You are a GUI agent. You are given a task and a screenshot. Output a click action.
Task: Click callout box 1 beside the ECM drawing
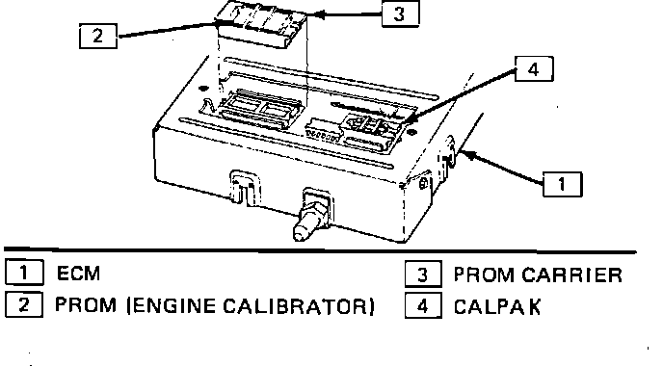coord(563,184)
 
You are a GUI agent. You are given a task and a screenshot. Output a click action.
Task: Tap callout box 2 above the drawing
coord(98,36)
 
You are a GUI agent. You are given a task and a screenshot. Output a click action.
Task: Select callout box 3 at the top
coord(401,13)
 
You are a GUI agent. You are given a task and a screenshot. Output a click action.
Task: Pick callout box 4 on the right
coord(534,68)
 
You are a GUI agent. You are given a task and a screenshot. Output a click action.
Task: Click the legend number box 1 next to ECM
coord(24,273)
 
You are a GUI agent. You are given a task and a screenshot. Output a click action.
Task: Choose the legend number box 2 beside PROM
coord(24,304)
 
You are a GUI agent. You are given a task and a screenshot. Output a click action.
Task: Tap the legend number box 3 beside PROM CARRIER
coord(423,274)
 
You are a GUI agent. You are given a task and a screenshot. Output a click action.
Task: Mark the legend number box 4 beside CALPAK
coord(423,305)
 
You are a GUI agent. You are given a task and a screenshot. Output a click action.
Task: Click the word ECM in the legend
coord(79,273)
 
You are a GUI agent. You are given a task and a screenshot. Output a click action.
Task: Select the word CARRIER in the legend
coord(572,274)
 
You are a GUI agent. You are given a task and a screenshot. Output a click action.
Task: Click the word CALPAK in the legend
coord(497,307)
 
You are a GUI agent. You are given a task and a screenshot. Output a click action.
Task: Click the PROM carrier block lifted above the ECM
coord(261,24)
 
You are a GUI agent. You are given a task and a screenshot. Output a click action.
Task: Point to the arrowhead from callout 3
coord(320,14)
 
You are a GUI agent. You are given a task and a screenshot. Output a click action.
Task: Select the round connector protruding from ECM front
coord(311,216)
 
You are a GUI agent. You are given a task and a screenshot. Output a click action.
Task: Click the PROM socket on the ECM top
coord(260,107)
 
